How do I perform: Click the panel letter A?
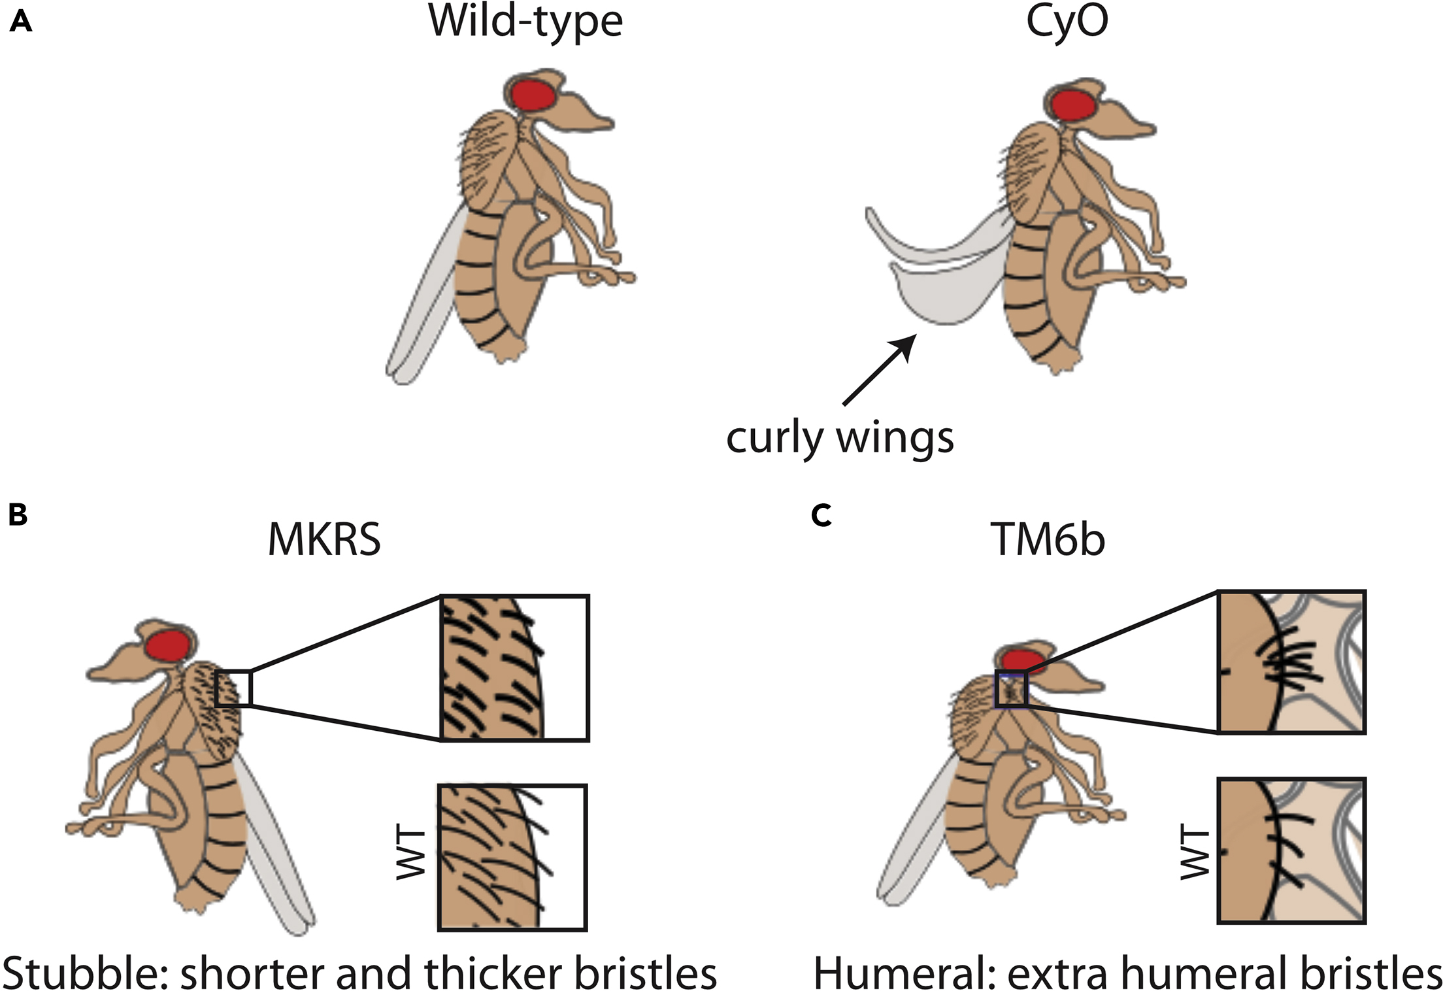click(x=21, y=23)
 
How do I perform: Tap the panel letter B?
click(x=18, y=514)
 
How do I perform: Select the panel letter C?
click(x=821, y=516)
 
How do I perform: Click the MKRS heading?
click(x=324, y=540)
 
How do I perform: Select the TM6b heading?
click(x=1047, y=540)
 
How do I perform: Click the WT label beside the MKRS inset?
click(x=412, y=854)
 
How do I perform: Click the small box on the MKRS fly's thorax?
click(x=233, y=688)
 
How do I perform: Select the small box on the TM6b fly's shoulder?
click(x=1011, y=690)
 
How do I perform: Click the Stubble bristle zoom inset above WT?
click(x=515, y=667)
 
